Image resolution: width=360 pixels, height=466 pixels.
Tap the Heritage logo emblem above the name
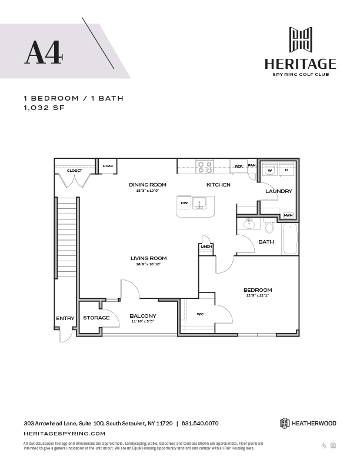301,40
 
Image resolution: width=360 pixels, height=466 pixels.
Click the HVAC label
108,167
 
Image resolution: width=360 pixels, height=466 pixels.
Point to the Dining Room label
148,185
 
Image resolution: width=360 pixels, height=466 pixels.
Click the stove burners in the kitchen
204,167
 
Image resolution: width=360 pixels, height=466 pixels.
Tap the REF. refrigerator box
239,167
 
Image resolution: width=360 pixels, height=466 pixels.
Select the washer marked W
270,170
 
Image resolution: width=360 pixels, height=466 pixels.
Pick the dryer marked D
286,170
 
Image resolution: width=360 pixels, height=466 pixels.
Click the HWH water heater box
288,215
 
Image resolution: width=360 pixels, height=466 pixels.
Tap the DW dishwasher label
184,203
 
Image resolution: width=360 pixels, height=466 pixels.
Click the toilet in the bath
268,227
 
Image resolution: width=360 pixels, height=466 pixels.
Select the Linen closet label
206,247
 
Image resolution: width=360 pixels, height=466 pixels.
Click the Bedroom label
258,290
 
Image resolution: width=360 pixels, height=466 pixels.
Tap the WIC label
200,314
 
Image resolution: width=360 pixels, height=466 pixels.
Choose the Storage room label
96,318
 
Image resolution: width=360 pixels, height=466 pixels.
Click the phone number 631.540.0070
200,423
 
